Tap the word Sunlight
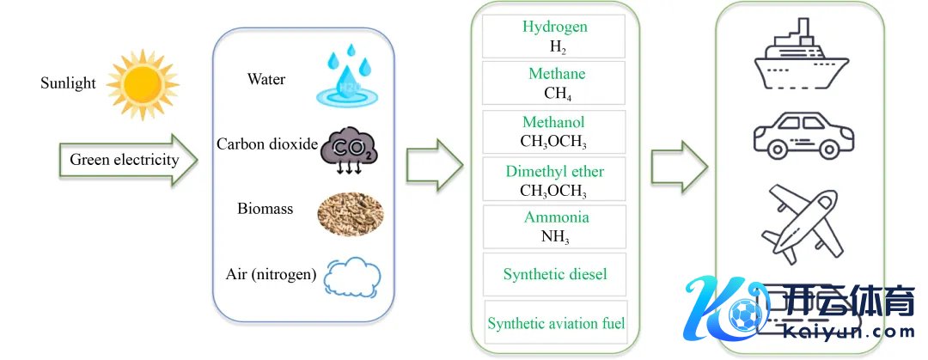pyautogui.click(x=68, y=83)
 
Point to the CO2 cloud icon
pyautogui.click(x=348, y=153)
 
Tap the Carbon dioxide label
pyautogui.click(x=267, y=143)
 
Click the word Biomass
pyautogui.click(x=266, y=208)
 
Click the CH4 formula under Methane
pyautogui.click(x=555, y=93)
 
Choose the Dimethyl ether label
pyautogui.click(x=555, y=172)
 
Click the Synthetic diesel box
pyautogui.click(x=555, y=274)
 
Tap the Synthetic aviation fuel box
pyautogui.click(x=556, y=323)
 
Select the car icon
pyautogui.click(x=803, y=136)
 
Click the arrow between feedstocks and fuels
pyautogui.click(x=434, y=164)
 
